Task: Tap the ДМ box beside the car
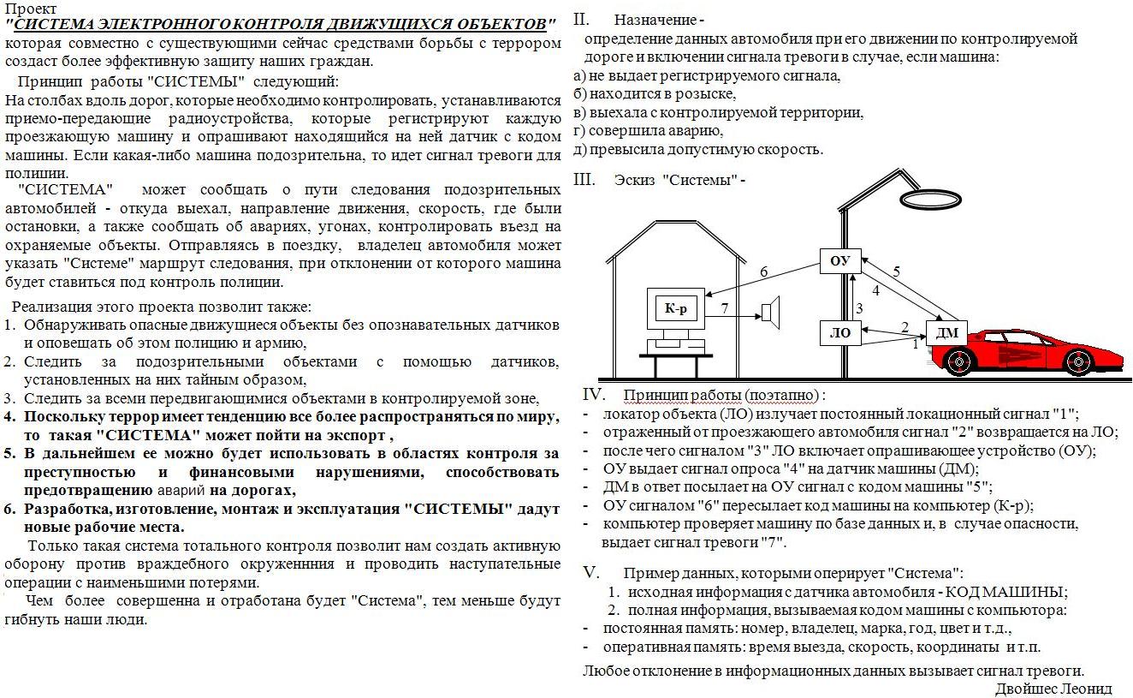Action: pos(946,332)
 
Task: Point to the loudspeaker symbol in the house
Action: pos(771,314)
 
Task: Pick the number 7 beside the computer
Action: pos(724,306)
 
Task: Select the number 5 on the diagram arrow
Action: pos(896,272)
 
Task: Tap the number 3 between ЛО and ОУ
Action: pos(860,307)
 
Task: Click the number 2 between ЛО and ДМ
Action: pos(904,326)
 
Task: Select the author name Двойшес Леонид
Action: pos(1053,689)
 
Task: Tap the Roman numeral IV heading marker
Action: pos(594,395)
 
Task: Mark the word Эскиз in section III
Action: pos(635,180)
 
